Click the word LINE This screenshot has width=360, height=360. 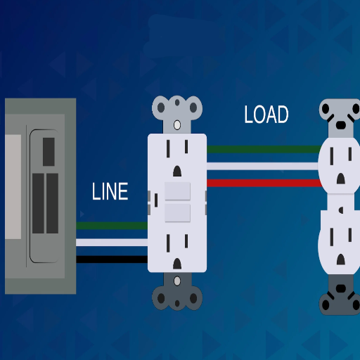tap(110, 191)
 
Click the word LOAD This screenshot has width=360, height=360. tap(266, 115)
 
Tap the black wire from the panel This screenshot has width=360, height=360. tap(112, 259)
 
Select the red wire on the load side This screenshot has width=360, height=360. tap(264, 183)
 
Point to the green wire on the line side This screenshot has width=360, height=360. tap(112, 226)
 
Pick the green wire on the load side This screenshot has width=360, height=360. tap(264, 149)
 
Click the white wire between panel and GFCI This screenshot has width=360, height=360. tap(112, 243)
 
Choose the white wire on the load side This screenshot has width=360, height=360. tap(262, 166)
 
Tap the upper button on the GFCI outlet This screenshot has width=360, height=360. tap(177, 191)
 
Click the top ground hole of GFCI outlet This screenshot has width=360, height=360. tap(177, 171)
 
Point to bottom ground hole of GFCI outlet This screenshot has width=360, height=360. tap(177, 264)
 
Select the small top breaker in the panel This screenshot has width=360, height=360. tap(49, 152)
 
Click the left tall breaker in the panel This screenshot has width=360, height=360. tap(38, 203)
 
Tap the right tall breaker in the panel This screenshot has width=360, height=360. tap(52, 203)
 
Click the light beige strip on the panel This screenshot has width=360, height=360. tap(13, 187)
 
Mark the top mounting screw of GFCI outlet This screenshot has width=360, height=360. tap(177, 125)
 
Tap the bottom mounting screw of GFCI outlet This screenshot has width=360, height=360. tap(177, 281)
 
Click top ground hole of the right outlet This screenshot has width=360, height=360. tap(341, 179)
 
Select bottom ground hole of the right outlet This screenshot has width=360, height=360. tap(341, 259)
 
